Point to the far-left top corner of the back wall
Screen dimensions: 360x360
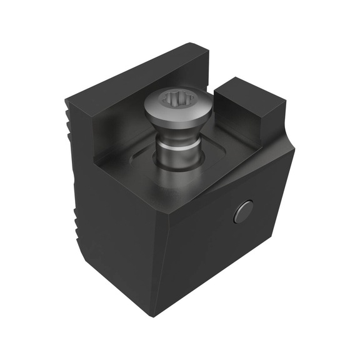(66, 99)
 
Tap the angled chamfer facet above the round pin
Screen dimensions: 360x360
(250, 172)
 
